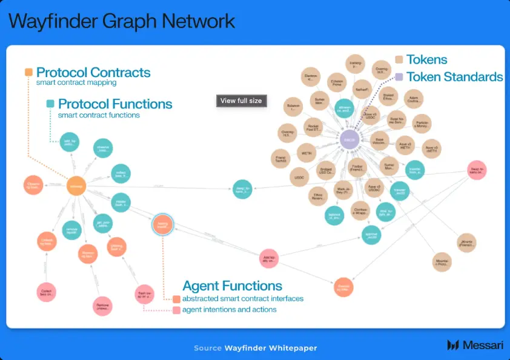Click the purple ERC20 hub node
pyautogui.click(x=350, y=139)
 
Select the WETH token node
pyautogui.click(x=306, y=154)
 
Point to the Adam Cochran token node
pyautogui.click(x=414, y=98)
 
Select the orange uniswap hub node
pyautogui.click(x=76, y=185)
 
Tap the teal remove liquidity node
pyautogui.click(x=71, y=230)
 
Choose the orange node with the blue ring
pyautogui.click(x=162, y=224)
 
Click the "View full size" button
pyautogui.click(x=241, y=101)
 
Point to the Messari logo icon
pyautogui.click(x=453, y=345)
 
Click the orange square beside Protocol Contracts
pyautogui.click(x=28, y=72)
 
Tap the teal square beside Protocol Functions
pyautogui.click(x=50, y=104)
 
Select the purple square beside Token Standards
pyautogui.click(x=399, y=77)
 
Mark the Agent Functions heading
pyautogui.click(x=232, y=285)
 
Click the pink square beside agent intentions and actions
pyautogui.click(x=176, y=310)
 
